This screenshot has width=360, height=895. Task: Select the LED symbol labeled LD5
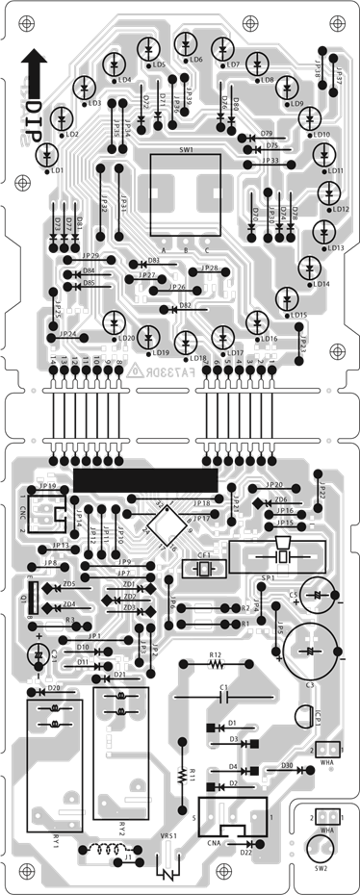coord(146,49)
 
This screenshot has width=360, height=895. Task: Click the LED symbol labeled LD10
coord(310,118)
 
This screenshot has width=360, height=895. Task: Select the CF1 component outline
coord(203,569)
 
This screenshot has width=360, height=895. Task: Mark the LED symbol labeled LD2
coord(61,118)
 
